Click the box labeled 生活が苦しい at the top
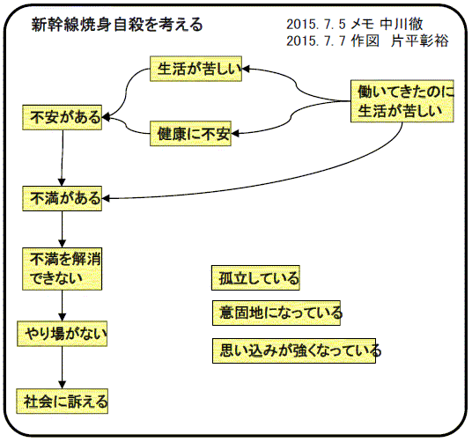point(196,69)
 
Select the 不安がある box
point(63,117)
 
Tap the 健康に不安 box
point(190,134)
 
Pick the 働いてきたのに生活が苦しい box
point(402,101)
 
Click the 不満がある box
point(63,198)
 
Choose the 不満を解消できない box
point(63,269)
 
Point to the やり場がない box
point(63,334)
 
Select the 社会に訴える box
point(63,401)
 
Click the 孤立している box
point(255,277)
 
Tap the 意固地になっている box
point(277,313)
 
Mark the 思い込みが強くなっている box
point(294,350)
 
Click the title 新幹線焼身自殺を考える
point(117,25)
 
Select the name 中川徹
point(402,25)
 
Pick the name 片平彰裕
point(420,41)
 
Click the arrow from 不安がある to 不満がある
point(62,158)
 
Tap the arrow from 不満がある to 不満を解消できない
point(63,229)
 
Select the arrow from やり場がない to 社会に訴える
point(63,368)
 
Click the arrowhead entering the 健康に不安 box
point(235,133)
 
